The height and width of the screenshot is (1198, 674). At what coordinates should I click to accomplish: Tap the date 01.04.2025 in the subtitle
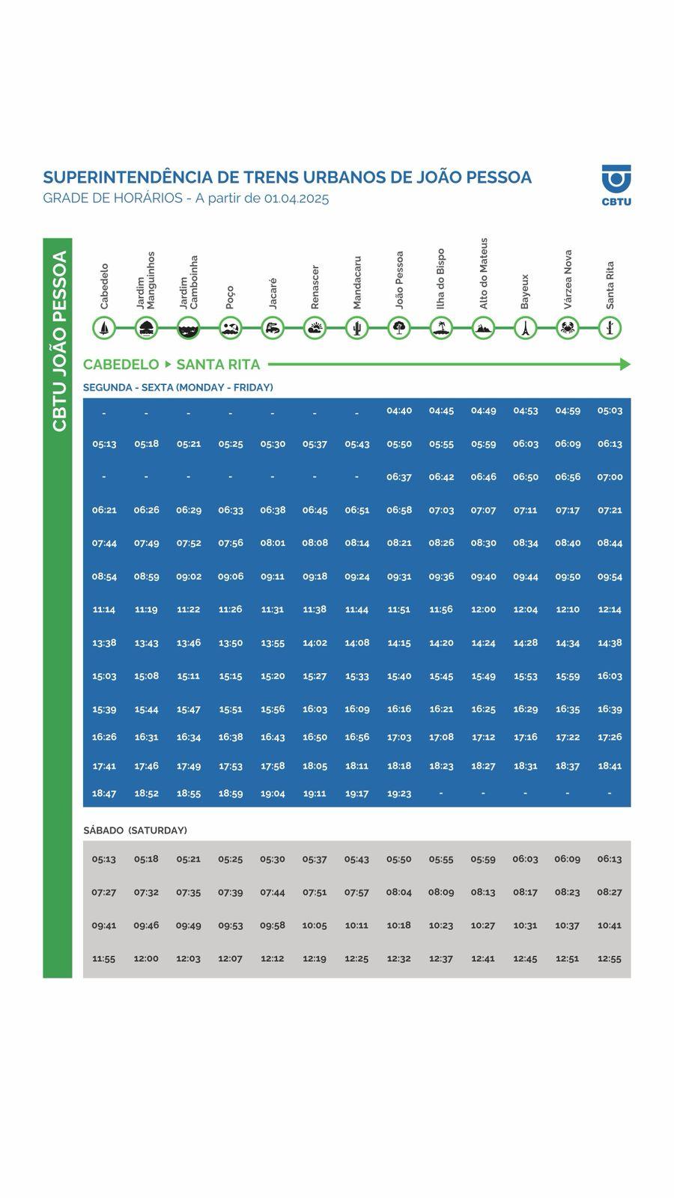point(296,198)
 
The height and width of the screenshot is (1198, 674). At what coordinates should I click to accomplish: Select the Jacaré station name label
point(273,294)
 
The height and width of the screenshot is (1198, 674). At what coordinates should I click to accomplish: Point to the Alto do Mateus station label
point(484,273)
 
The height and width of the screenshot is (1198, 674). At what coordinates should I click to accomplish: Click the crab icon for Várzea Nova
point(568,328)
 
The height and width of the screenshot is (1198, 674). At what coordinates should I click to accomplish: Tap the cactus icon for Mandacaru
point(356,328)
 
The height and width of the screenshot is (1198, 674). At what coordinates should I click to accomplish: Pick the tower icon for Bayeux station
point(526,328)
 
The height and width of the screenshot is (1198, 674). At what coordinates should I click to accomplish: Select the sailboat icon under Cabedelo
point(104,328)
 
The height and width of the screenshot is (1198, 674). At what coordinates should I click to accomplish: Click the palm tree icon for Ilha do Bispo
point(441,328)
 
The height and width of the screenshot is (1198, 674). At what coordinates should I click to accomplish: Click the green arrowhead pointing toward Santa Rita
point(625,365)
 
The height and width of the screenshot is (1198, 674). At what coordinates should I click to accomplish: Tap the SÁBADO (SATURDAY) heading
point(135,830)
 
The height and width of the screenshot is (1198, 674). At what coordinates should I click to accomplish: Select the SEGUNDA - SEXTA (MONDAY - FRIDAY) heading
point(177,387)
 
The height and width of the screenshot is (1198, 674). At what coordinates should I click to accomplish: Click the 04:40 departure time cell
point(399,410)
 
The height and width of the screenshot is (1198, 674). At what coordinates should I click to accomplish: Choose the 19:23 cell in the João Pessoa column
point(399,793)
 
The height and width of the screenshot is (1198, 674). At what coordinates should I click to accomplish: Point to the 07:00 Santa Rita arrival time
point(610,477)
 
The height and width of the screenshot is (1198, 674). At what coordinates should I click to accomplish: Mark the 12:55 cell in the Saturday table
point(610,958)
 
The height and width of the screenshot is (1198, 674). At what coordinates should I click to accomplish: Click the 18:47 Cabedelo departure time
point(104,793)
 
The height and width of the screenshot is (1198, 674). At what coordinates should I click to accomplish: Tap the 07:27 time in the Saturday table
point(104,892)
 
